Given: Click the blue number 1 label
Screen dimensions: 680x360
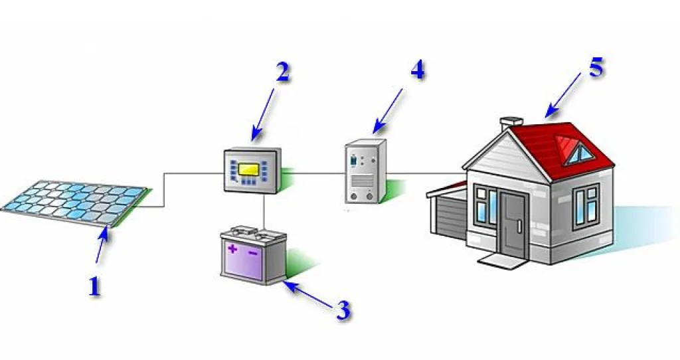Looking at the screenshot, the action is point(95,287).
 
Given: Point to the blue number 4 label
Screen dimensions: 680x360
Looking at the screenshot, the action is point(417,70).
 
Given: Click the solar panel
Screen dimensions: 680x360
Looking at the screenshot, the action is point(76,203).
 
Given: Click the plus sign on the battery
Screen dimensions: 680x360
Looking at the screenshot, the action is point(233,249).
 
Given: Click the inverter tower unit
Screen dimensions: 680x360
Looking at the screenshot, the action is point(365,171).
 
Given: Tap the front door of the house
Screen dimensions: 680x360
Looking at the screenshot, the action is point(513,223).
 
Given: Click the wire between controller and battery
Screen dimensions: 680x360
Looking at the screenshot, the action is point(264,213).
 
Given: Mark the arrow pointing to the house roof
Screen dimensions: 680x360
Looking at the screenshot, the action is point(563,95).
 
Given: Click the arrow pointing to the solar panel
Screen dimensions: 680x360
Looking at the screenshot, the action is point(102,244).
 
